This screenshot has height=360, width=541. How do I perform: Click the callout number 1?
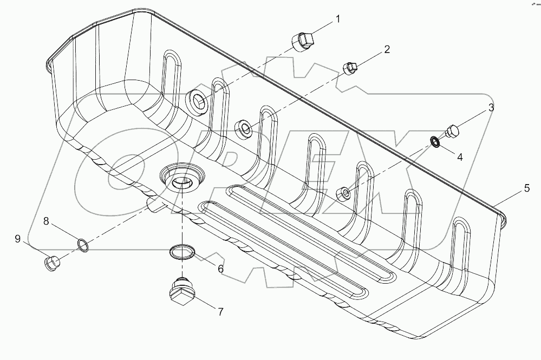point(338,19)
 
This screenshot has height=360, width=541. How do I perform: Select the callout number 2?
point(387,49)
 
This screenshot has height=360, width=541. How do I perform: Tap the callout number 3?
point(491,107)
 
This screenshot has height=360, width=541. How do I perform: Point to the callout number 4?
point(460,158)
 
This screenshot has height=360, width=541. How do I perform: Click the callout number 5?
point(526,189)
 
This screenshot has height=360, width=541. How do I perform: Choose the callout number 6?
point(220,268)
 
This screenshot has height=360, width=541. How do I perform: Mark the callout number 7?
point(220,312)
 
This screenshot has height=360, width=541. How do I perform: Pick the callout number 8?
point(46,221)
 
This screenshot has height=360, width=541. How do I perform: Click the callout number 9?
point(18,239)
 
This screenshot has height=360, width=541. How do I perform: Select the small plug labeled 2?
point(350,68)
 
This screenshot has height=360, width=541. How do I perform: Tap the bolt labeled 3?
point(453,132)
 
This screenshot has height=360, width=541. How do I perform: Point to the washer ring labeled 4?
point(435,142)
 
